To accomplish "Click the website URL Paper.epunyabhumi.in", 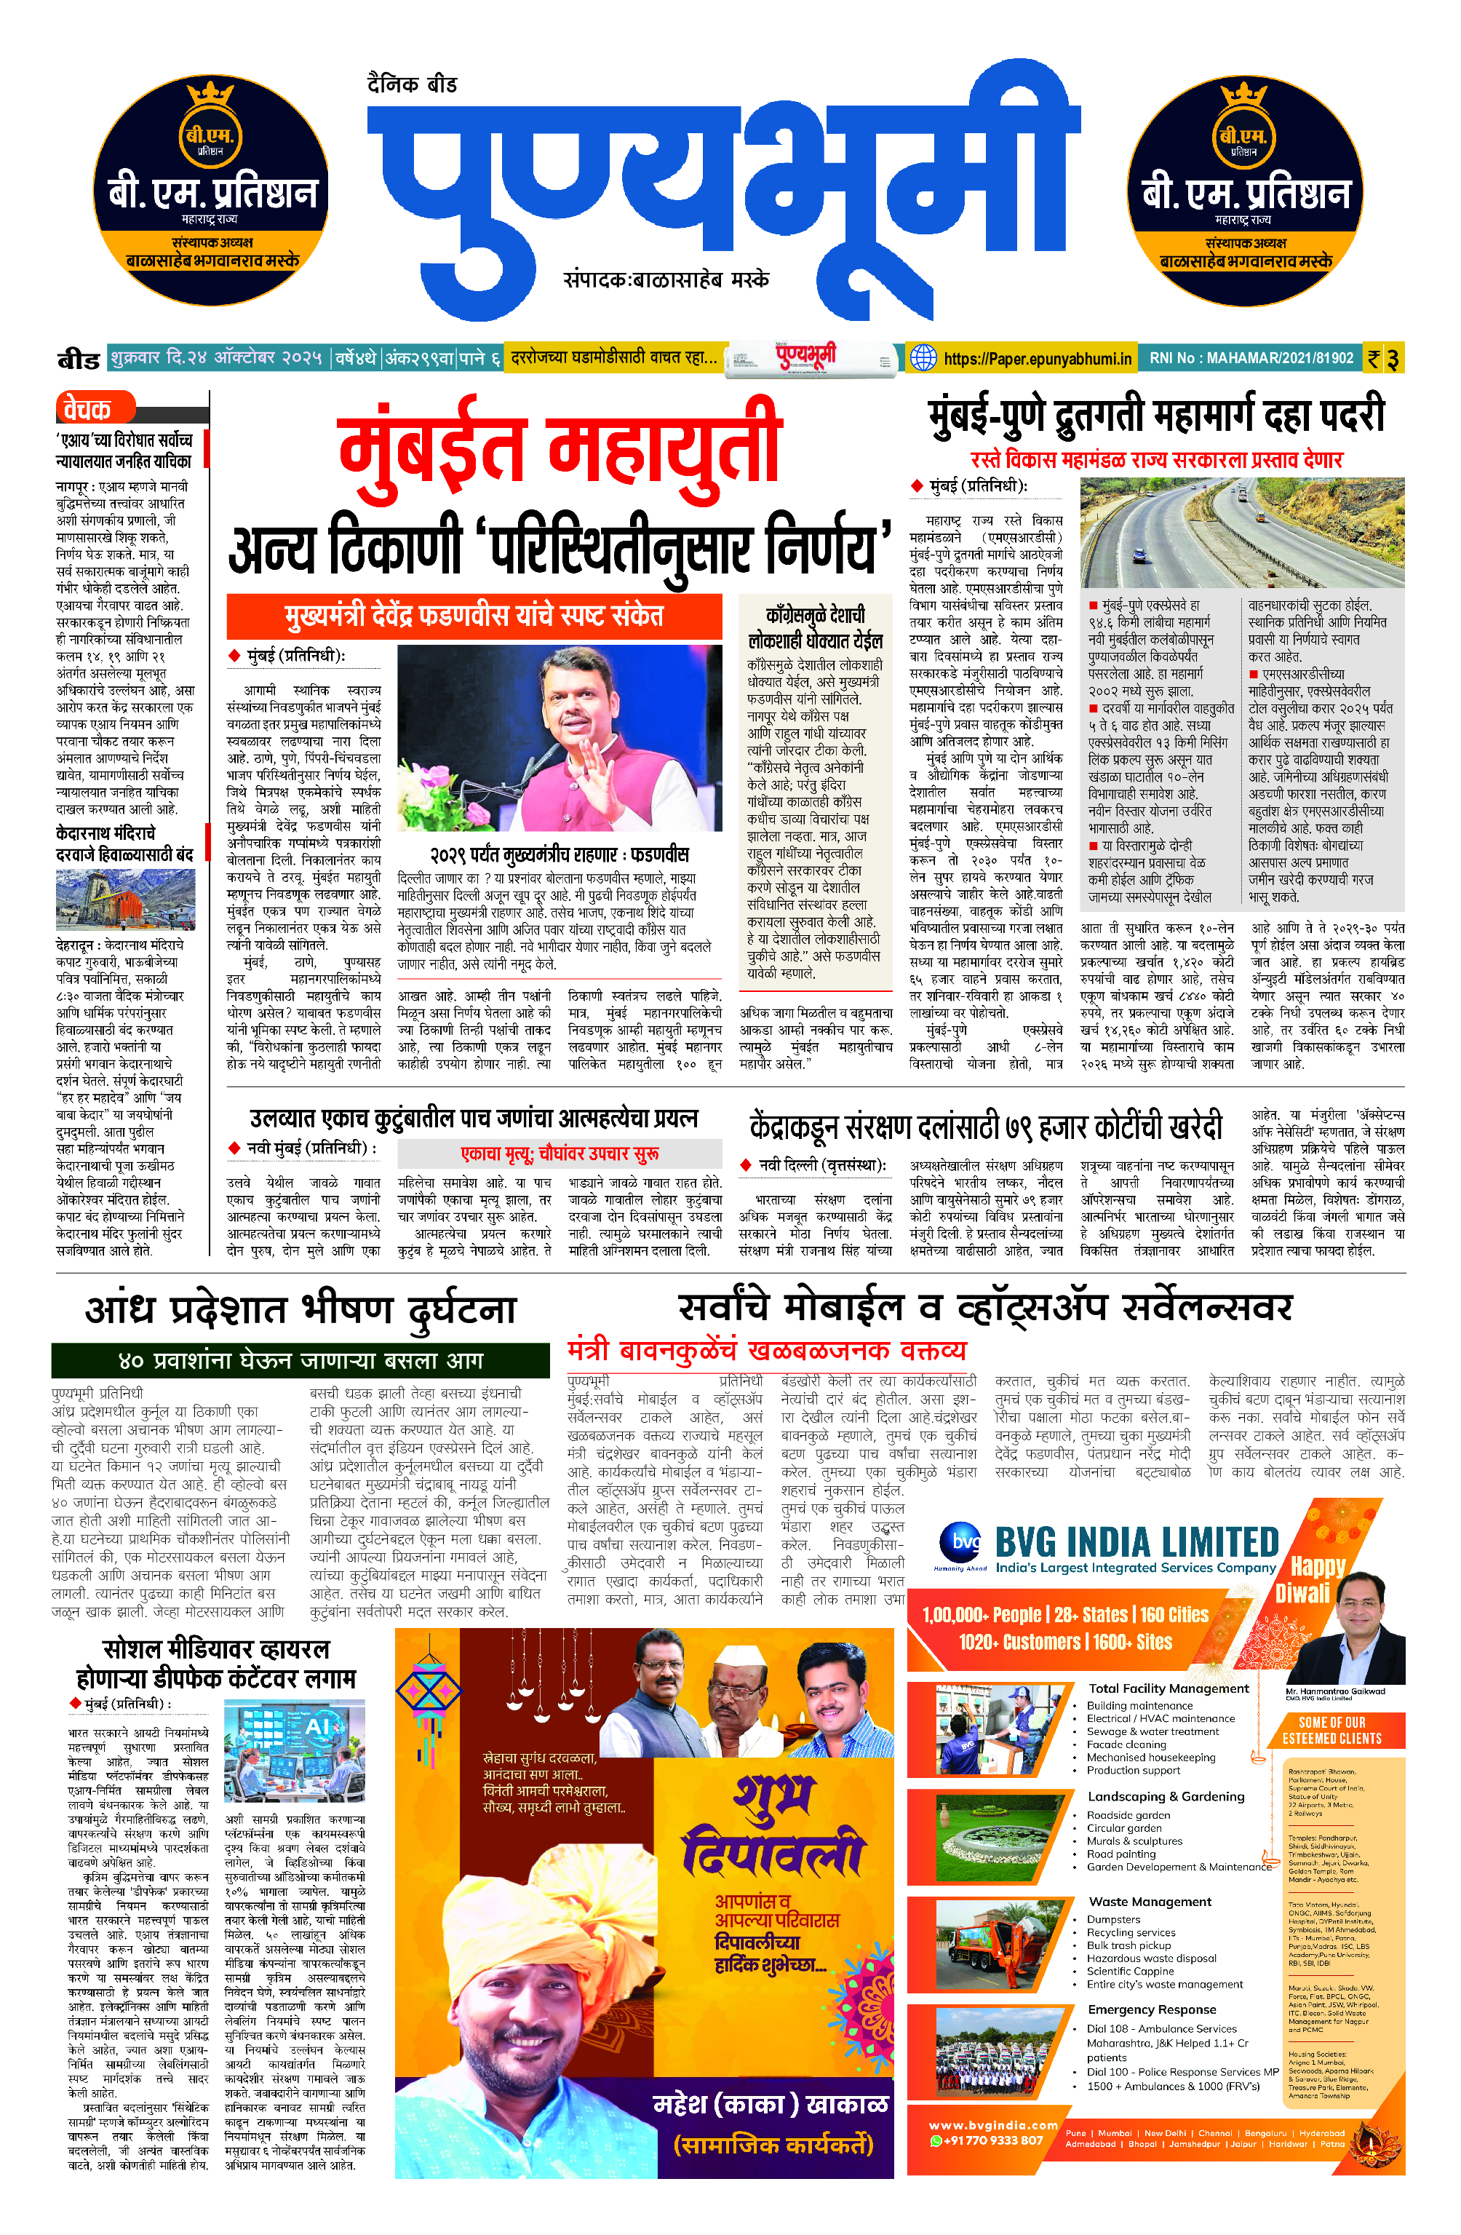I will click(1038, 358).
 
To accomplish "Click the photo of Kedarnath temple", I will click(125, 899).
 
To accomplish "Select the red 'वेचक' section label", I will click(87, 408).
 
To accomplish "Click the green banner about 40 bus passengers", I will click(300, 1359).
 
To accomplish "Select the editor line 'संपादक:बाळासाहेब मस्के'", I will click(666, 280).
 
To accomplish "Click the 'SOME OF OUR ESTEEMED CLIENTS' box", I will click(1331, 1731).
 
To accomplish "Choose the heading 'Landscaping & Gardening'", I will click(1165, 1796).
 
